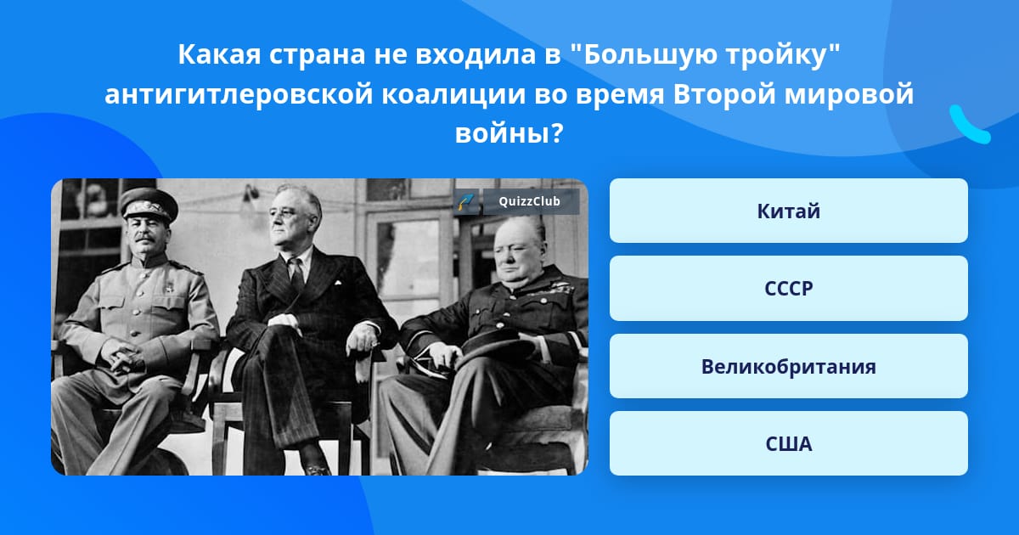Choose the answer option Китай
[x=788, y=211]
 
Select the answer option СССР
[x=788, y=289]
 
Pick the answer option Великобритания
[x=788, y=366]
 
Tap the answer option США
[x=788, y=443]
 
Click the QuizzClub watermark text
[x=529, y=201]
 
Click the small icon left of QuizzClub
[x=466, y=201]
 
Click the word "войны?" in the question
[x=509, y=134]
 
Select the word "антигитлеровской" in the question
[x=239, y=94]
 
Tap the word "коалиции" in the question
[x=453, y=94]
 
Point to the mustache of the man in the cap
[x=144, y=238]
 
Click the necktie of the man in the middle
[x=296, y=274]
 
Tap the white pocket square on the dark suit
[x=338, y=283]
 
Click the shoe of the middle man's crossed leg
[x=316, y=468]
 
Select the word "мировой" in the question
[x=849, y=94]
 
